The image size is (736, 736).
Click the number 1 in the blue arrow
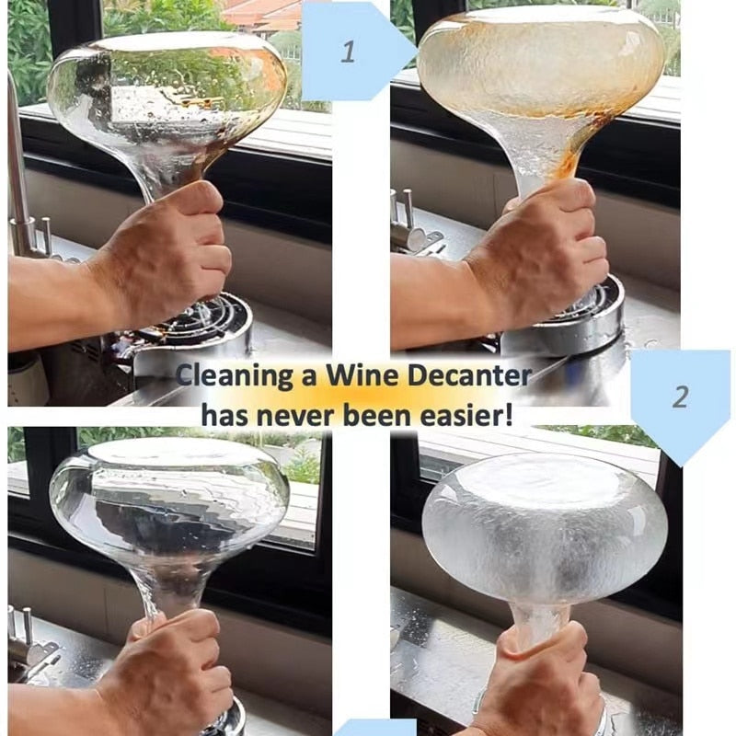[x=347, y=52]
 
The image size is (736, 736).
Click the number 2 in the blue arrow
[x=680, y=397]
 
